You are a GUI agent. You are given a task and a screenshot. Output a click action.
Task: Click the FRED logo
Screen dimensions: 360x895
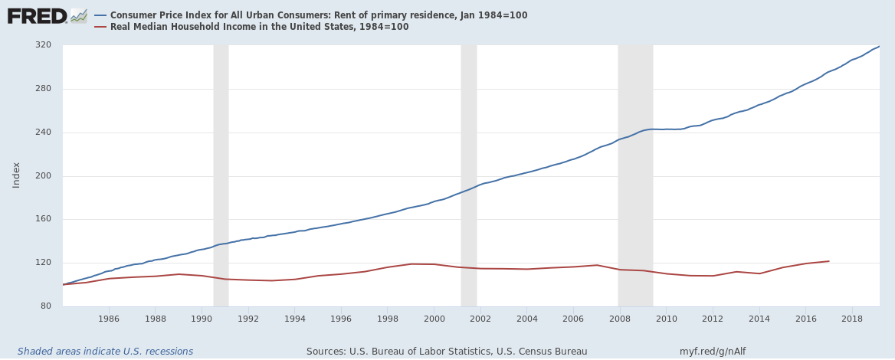tap(36, 15)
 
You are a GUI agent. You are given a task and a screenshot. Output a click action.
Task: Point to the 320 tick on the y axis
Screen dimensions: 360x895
tap(44, 45)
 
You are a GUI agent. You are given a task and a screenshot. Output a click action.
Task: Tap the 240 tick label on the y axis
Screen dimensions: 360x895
tap(44, 133)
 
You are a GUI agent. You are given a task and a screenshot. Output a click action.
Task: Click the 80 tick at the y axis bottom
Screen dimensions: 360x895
tap(46, 306)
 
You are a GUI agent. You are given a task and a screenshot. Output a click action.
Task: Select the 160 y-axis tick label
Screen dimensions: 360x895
tap(44, 219)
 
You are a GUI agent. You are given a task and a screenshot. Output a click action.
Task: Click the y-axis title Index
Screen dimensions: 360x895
tap(16, 175)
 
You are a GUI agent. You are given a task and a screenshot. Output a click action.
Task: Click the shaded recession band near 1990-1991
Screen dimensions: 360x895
tap(221, 175)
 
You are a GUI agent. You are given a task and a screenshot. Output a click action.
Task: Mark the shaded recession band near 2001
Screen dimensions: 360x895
tap(468, 175)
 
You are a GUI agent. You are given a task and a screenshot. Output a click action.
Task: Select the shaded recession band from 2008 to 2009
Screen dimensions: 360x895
tap(635, 175)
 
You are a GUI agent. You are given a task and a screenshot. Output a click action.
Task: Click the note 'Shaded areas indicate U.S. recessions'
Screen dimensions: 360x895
tap(105, 352)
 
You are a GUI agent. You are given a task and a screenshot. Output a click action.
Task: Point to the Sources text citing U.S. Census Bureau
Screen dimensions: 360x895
tap(447, 352)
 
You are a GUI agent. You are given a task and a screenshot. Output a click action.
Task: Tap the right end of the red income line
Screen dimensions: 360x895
tap(828, 261)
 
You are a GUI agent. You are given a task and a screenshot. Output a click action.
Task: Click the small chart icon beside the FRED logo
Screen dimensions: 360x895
tap(79, 15)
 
